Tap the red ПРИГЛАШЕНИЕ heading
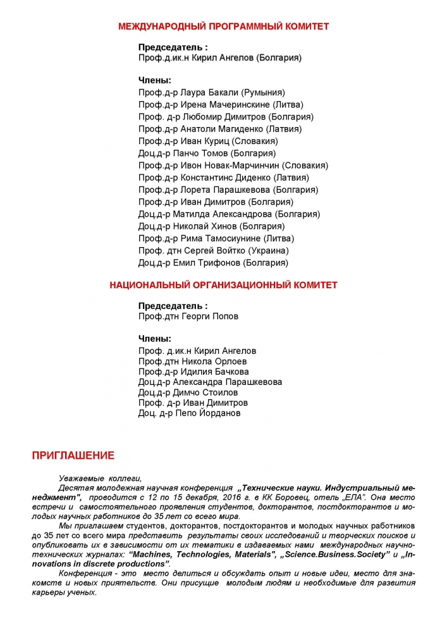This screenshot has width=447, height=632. click(73, 454)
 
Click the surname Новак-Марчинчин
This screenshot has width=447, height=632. click(240, 166)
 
